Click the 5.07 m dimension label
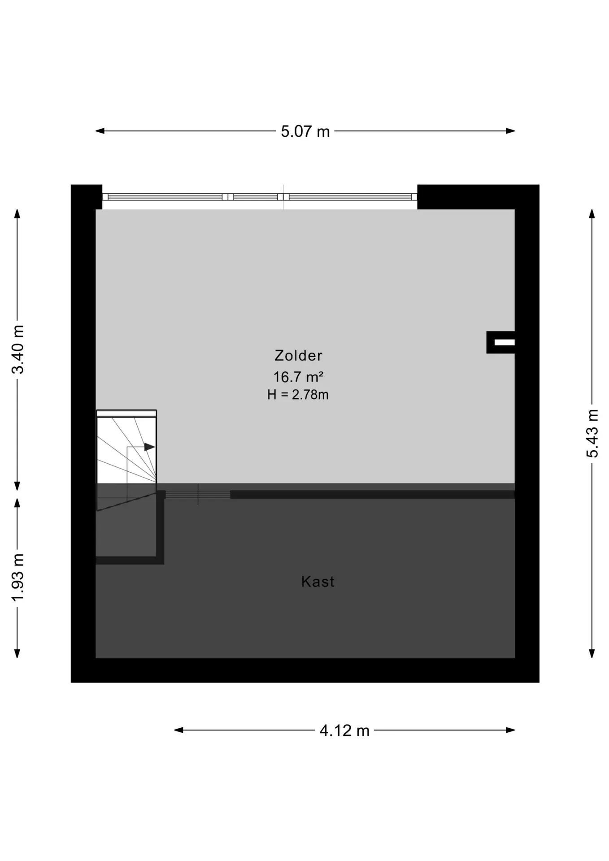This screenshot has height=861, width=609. click(305, 131)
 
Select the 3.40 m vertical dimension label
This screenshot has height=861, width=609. click(17, 349)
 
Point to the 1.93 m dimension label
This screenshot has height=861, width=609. click(17, 578)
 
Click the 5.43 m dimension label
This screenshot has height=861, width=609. click(592, 433)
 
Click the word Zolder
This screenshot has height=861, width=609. click(298, 356)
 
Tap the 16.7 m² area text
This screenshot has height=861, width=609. click(298, 377)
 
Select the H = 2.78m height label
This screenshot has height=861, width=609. click(298, 395)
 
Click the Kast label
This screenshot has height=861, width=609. click(318, 582)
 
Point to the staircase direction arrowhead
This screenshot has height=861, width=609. click(150, 447)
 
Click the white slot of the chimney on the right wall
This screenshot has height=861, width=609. click(505, 343)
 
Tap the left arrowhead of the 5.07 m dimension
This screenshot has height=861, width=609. click(100, 131)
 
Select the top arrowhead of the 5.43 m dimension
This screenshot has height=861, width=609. click(592, 213)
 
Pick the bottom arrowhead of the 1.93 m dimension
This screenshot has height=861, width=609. click(17, 653)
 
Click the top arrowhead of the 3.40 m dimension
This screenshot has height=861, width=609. click(17, 213)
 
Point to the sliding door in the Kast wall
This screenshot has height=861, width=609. click(198, 494)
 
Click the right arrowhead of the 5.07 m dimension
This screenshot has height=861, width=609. click(510, 131)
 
